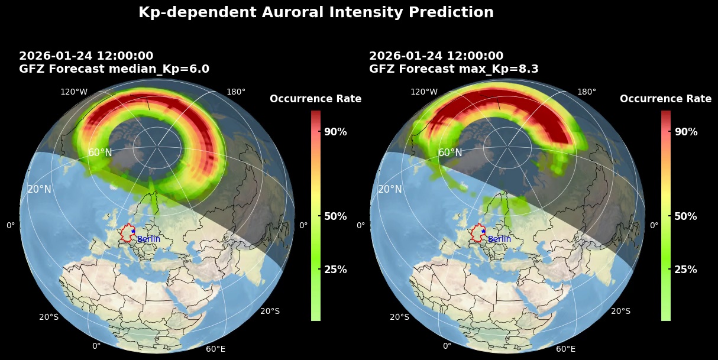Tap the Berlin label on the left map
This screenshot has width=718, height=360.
(x=148, y=239)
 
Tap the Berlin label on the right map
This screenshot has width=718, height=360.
(x=499, y=239)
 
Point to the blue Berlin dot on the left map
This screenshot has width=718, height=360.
(x=133, y=231)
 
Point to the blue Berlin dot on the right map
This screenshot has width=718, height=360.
(x=483, y=231)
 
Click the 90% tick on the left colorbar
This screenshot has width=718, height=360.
(x=335, y=131)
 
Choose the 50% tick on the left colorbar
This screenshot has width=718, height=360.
(x=335, y=216)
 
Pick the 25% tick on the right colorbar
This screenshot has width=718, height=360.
(x=685, y=270)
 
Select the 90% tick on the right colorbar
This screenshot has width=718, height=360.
(x=685, y=131)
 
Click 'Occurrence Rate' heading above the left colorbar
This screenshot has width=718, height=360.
(x=315, y=99)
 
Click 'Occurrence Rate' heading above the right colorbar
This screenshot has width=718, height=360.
(x=665, y=99)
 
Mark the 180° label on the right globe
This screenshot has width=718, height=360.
(x=586, y=92)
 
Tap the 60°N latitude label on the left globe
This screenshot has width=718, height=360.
(x=100, y=153)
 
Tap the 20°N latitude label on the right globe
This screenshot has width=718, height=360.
(x=390, y=189)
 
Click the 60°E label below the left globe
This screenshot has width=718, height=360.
(x=215, y=349)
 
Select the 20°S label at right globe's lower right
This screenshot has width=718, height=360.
(x=620, y=311)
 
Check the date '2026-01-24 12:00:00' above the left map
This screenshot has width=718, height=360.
(x=86, y=56)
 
